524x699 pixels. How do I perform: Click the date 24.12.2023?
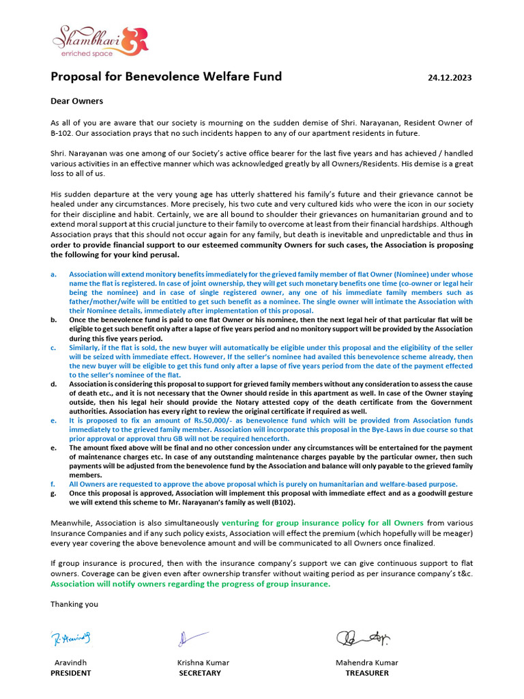tap(450, 78)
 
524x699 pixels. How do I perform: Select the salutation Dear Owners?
tap(77, 101)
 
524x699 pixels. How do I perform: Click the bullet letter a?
tap(53, 274)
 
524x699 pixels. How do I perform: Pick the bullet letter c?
tap(53, 347)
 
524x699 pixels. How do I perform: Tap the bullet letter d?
tap(53, 384)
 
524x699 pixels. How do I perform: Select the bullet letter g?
tap(53, 493)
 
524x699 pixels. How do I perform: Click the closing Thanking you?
tap(74, 604)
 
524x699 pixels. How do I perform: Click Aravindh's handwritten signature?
tap(71, 638)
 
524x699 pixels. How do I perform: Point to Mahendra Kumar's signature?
tap(363, 638)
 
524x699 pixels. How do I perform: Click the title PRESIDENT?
tap(71, 673)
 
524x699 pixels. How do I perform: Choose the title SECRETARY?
tap(200, 673)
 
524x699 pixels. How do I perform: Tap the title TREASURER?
tap(367, 673)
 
